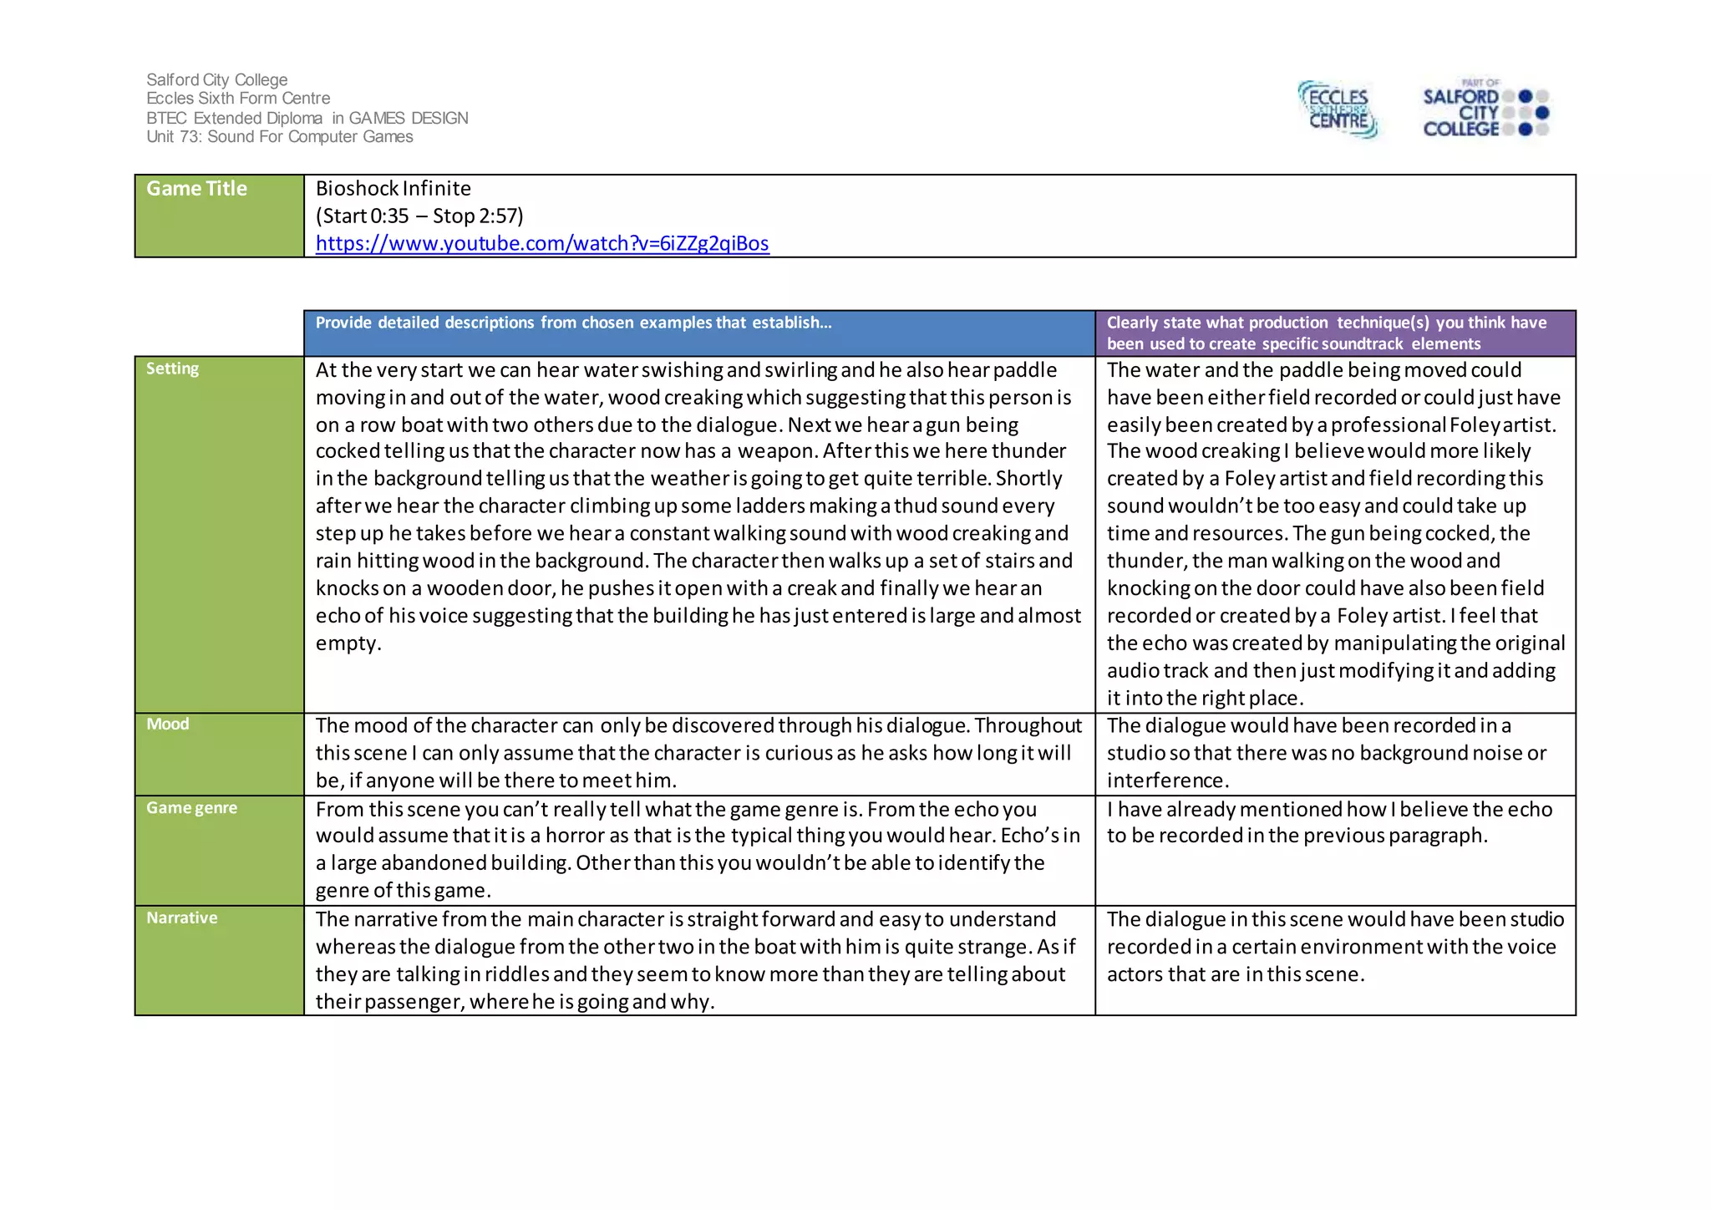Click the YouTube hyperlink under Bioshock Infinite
click(x=541, y=243)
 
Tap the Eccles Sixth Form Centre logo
click(x=1338, y=109)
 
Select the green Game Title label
click(x=196, y=189)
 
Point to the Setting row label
click(x=172, y=369)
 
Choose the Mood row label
click(x=167, y=724)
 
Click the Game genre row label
click(x=191, y=808)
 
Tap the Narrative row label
click(x=181, y=918)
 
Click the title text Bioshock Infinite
click(x=393, y=189)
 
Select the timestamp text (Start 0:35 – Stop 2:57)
click(x=419, y=216)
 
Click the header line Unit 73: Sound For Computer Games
click(x=279, y=137)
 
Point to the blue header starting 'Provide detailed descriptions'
click(x=573, y=323)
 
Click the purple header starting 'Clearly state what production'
click(x=1326, y=333)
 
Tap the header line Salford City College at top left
click(x=216, y=80)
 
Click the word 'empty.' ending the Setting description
click(x=348, y=643)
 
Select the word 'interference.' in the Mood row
click(x=1167, y=780)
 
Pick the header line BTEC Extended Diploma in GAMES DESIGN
click(x=307, y=119)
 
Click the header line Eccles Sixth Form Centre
click(x=238, y=99)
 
